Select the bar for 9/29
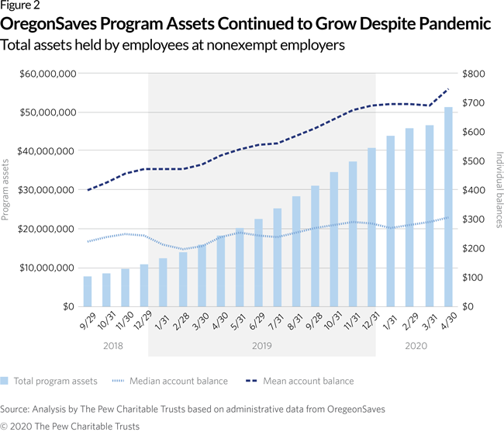pos(88,291)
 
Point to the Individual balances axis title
pos(498,190)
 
